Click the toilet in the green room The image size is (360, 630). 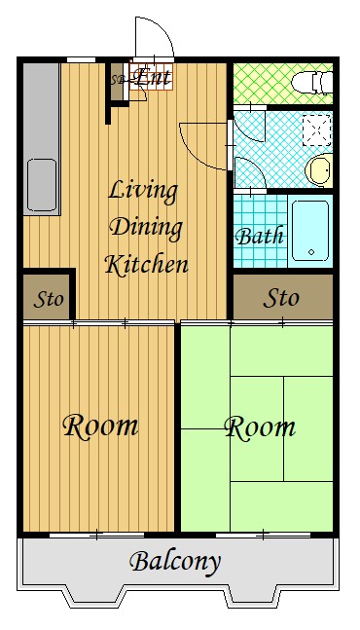312,83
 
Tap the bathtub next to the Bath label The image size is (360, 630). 310,231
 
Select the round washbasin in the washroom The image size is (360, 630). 319,170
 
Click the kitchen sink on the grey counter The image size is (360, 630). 42,185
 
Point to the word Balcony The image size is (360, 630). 175,562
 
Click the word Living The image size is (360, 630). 143,191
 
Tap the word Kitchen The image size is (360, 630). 147,265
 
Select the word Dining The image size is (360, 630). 146,228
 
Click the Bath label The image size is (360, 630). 260,236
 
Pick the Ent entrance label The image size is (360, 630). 152,76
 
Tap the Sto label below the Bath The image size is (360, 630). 281,298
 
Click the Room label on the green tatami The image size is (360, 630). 260,427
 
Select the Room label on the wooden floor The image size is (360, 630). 100,426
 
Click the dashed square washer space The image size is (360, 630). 316,130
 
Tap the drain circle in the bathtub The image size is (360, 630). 311,252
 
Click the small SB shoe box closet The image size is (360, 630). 117,82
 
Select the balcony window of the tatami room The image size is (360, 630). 263,536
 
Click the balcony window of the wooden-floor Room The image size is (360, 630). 96,536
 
